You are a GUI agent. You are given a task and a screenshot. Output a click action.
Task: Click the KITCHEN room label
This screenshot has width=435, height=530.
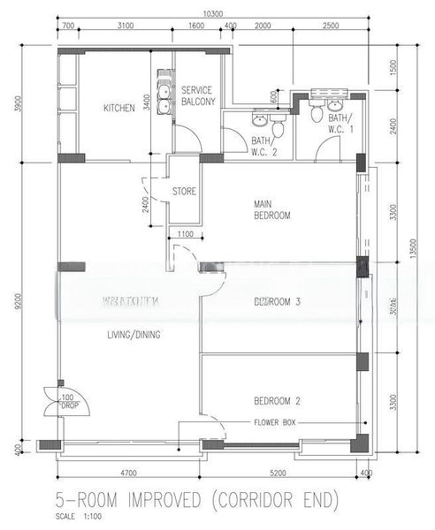(119, 108)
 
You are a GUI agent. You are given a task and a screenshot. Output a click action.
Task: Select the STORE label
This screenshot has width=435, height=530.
(183, 190)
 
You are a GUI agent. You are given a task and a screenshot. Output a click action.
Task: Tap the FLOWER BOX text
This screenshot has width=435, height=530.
(275, 423)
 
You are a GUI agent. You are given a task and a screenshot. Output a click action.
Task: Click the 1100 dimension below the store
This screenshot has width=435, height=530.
(185, 234)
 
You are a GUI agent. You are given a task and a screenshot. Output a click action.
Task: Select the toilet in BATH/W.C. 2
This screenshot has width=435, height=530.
(279, 128)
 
